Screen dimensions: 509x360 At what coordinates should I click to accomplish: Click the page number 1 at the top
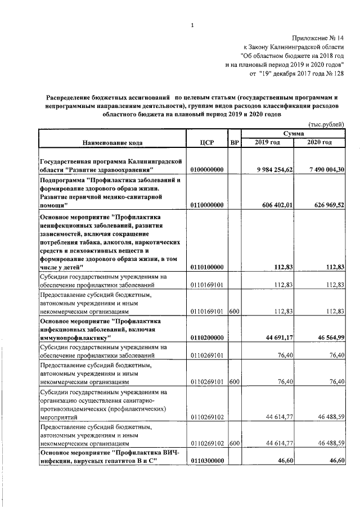point(192,25)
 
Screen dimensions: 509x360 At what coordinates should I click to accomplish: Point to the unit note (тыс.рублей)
point(326,124)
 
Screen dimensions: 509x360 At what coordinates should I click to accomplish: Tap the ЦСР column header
point(206,143)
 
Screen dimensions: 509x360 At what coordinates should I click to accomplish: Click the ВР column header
point(235,143)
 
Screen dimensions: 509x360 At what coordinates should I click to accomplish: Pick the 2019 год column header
point(267,142)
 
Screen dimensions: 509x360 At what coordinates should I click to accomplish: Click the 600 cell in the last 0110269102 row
point(235,444)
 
